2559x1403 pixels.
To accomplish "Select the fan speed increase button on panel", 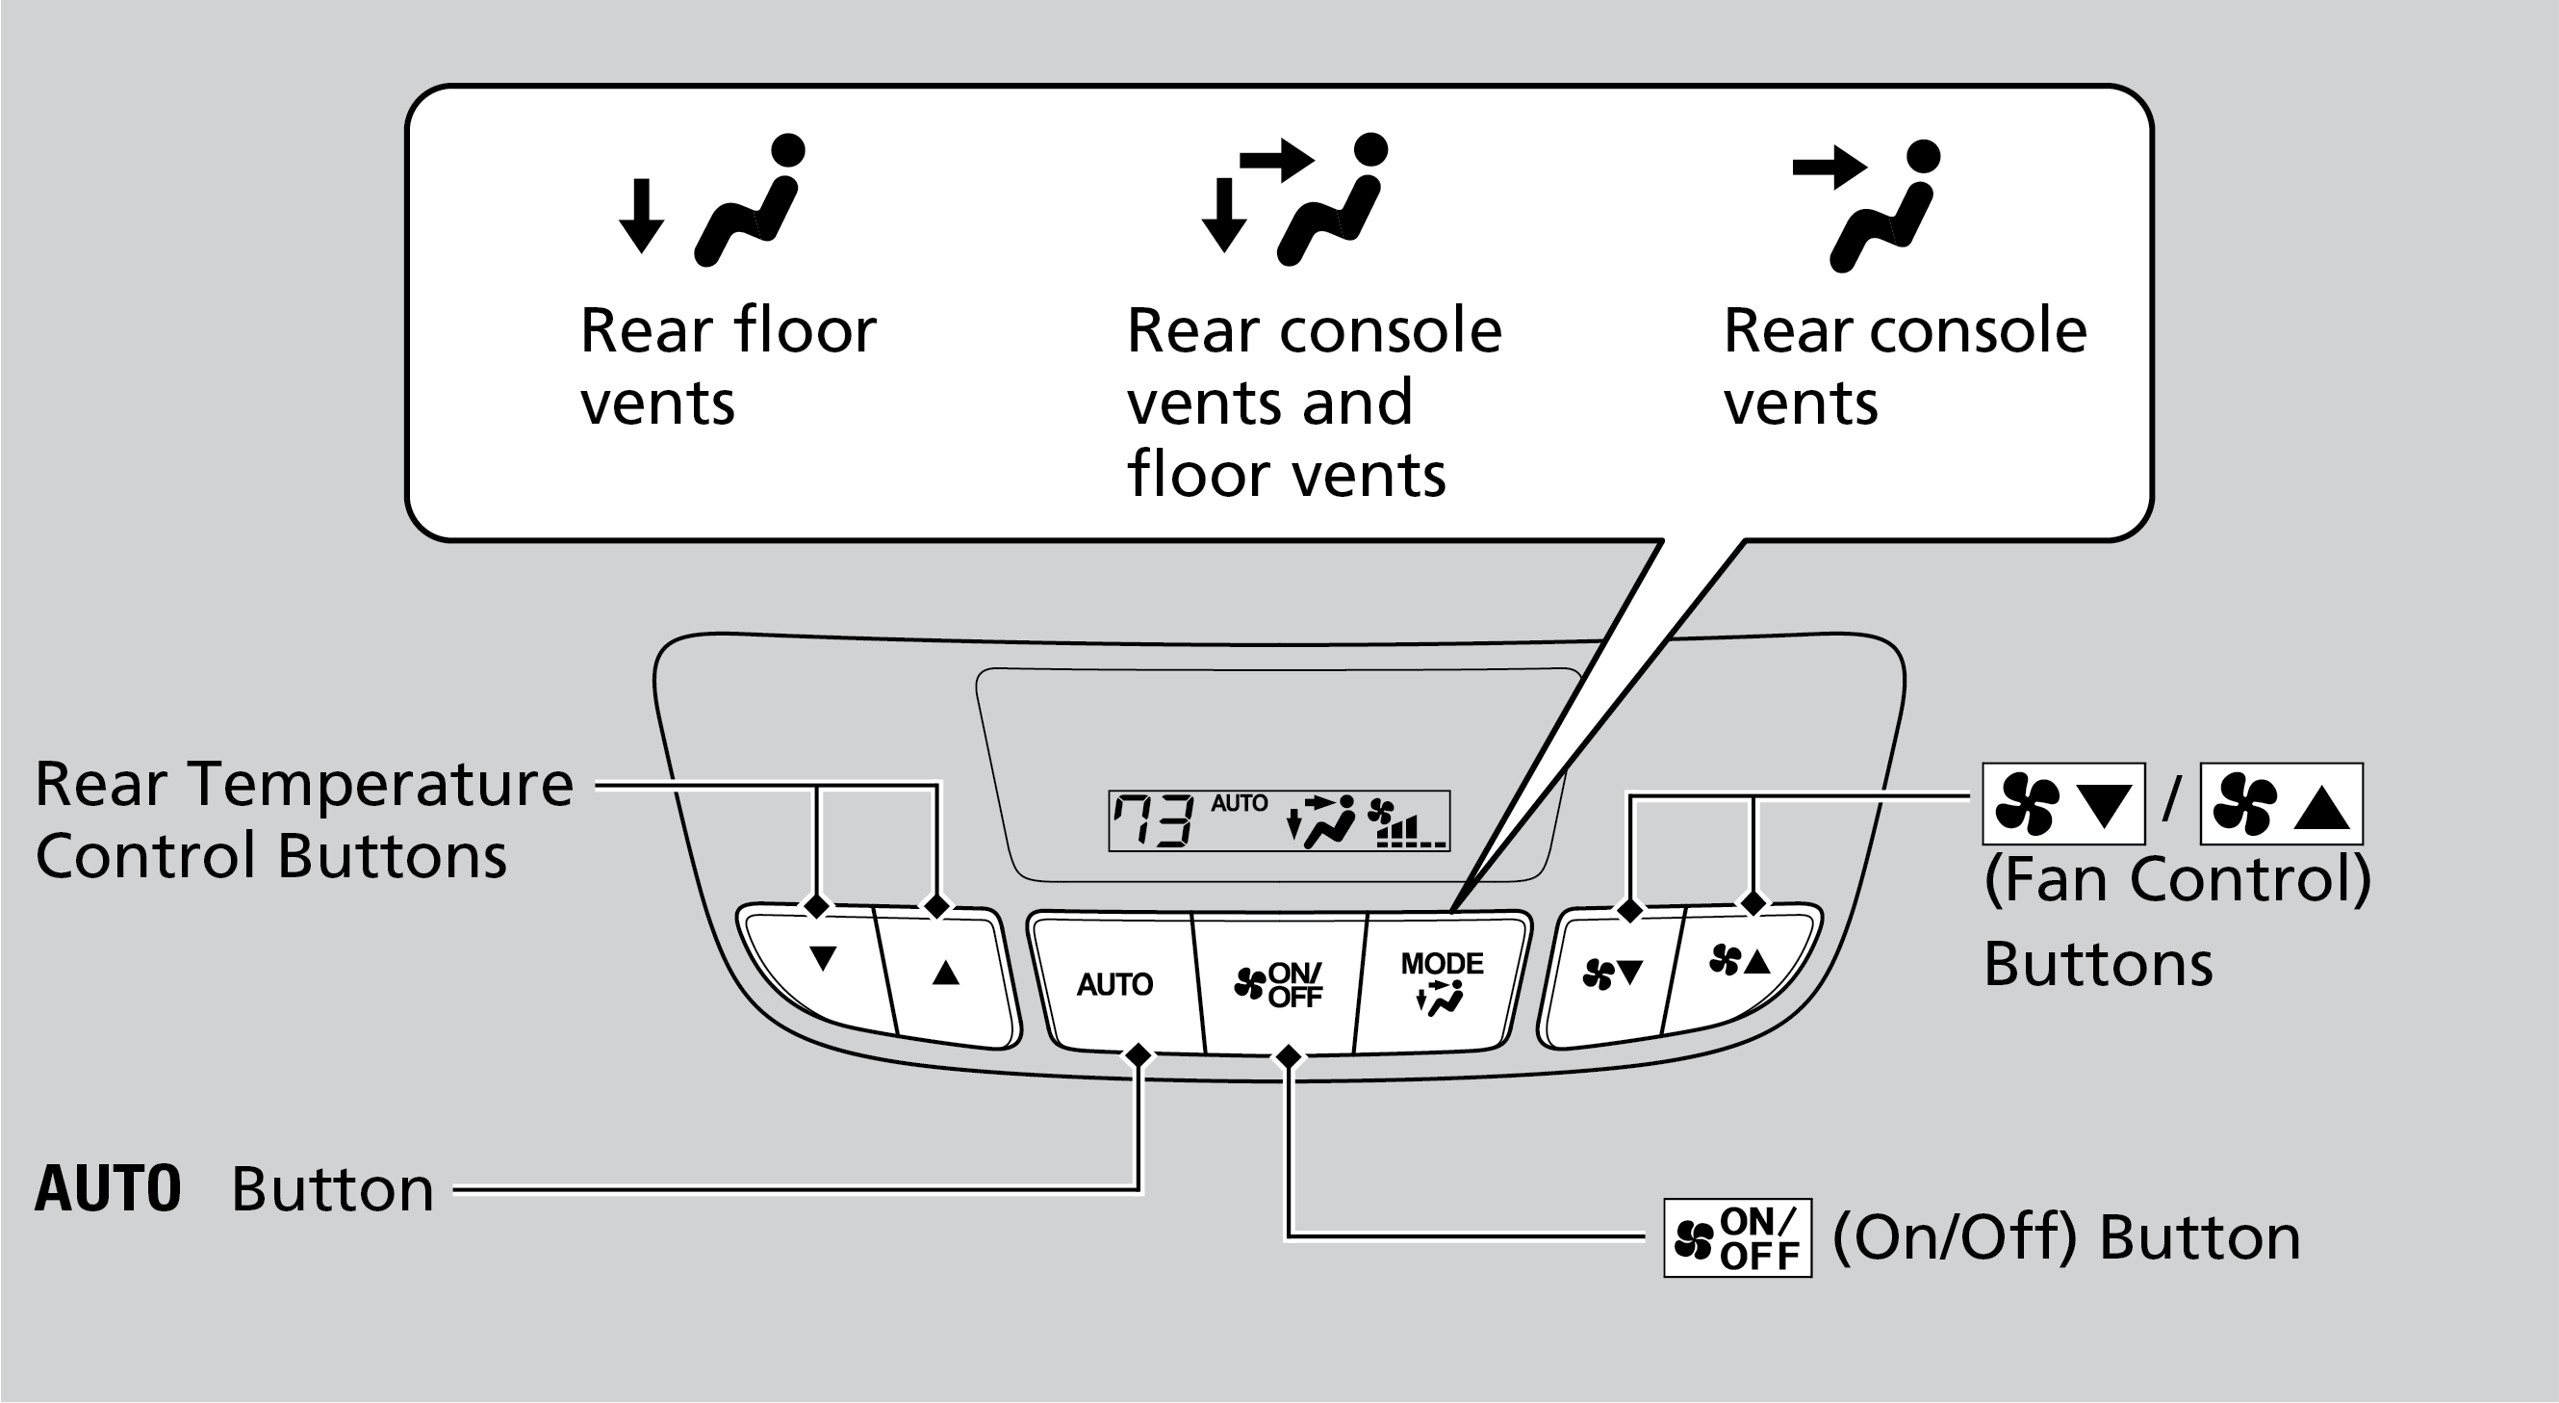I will pos(1739,961).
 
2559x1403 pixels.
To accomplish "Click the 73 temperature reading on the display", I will pos(1152,821).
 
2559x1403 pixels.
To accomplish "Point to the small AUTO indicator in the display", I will pos(1239,803).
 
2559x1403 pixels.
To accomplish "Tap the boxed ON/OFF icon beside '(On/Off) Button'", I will pos(1737,1238).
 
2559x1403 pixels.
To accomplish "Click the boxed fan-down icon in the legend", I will pos(2063,804).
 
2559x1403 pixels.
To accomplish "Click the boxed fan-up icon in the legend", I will pos(2281,804).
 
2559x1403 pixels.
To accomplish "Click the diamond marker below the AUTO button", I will pos(1139,1054).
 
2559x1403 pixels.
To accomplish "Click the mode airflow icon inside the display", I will pos(1321,821).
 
